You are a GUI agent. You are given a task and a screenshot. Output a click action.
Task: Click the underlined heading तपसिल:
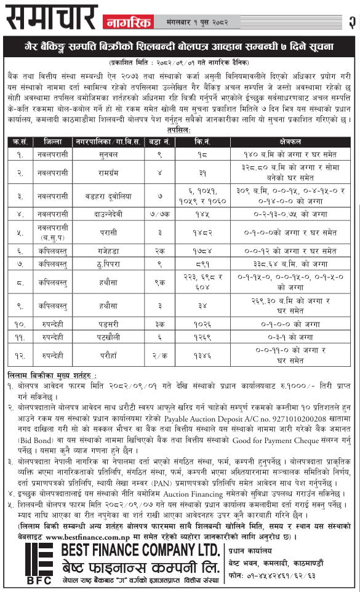point(179,130)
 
